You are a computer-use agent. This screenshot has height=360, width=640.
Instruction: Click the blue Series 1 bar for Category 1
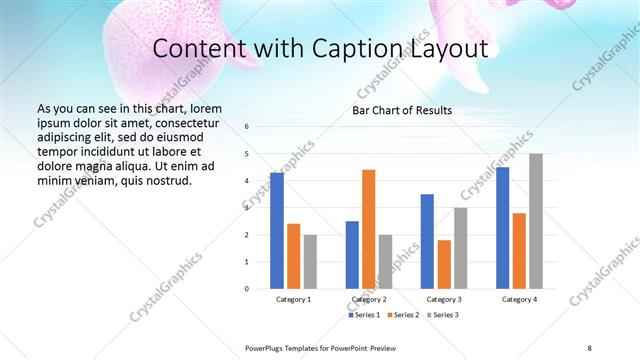(277, 231)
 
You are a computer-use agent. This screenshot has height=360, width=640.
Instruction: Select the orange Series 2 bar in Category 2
(368, 229)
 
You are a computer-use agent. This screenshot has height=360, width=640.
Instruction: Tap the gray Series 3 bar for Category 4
(536, 221)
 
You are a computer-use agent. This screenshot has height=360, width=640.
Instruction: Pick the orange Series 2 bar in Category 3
(444, 264)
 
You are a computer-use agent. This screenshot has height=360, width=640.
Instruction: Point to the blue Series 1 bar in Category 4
(502, 228)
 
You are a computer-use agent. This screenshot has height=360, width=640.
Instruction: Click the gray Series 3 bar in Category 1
(310, 262)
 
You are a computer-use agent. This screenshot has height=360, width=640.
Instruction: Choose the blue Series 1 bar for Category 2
(352, 255)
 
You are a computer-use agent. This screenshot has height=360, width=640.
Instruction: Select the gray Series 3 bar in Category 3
(460, 248)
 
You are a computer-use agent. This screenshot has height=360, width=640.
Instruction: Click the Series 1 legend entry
(363, 315)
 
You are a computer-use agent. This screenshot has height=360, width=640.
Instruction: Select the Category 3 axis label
(444, 299)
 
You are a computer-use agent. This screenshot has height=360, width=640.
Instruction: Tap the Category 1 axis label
(294, 299)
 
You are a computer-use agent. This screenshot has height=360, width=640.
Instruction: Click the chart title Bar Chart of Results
(402, 110)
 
